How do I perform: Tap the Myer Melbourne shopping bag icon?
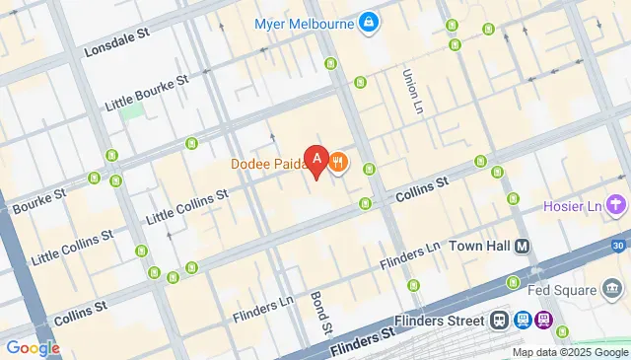[x=368, y=22]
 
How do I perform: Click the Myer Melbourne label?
[x=306, y=23]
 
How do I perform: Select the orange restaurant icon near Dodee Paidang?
[x=338, y=161]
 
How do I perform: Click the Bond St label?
[x=318, y=311]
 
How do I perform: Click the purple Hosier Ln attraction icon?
[x=616, y=205]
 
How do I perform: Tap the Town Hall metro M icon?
[x=522, y=246]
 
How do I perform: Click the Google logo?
[x=33, y=347]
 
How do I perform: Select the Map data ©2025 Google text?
[x=569, y=352]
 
